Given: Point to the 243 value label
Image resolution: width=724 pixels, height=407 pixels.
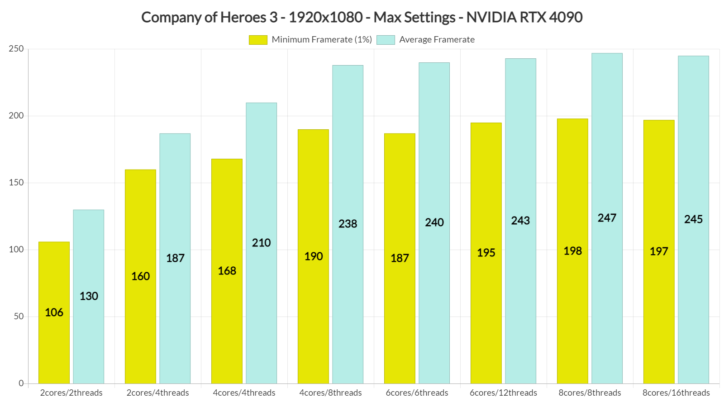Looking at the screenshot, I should coord(520,221).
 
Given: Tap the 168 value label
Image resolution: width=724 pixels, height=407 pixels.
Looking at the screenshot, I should coord(227,271).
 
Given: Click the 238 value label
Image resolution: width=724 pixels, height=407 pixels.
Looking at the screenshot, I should coord(348,224).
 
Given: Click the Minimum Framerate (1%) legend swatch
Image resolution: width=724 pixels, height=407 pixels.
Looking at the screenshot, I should coord(258,40).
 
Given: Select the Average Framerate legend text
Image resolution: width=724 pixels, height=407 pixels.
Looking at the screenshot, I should coord(437,40).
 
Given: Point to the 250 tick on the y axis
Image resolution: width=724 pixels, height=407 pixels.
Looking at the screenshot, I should coord(16,49).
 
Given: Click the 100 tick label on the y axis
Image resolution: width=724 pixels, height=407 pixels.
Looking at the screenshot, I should coord(16,250).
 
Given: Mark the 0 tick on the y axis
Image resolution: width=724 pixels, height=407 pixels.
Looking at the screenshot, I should coord(21,383).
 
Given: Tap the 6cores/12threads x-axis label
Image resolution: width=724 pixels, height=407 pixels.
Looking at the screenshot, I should coord(503,393).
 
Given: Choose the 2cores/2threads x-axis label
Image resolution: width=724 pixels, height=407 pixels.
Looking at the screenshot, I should coord(71,393).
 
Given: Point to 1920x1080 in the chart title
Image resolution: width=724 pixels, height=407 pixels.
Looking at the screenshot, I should coord(326,17).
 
